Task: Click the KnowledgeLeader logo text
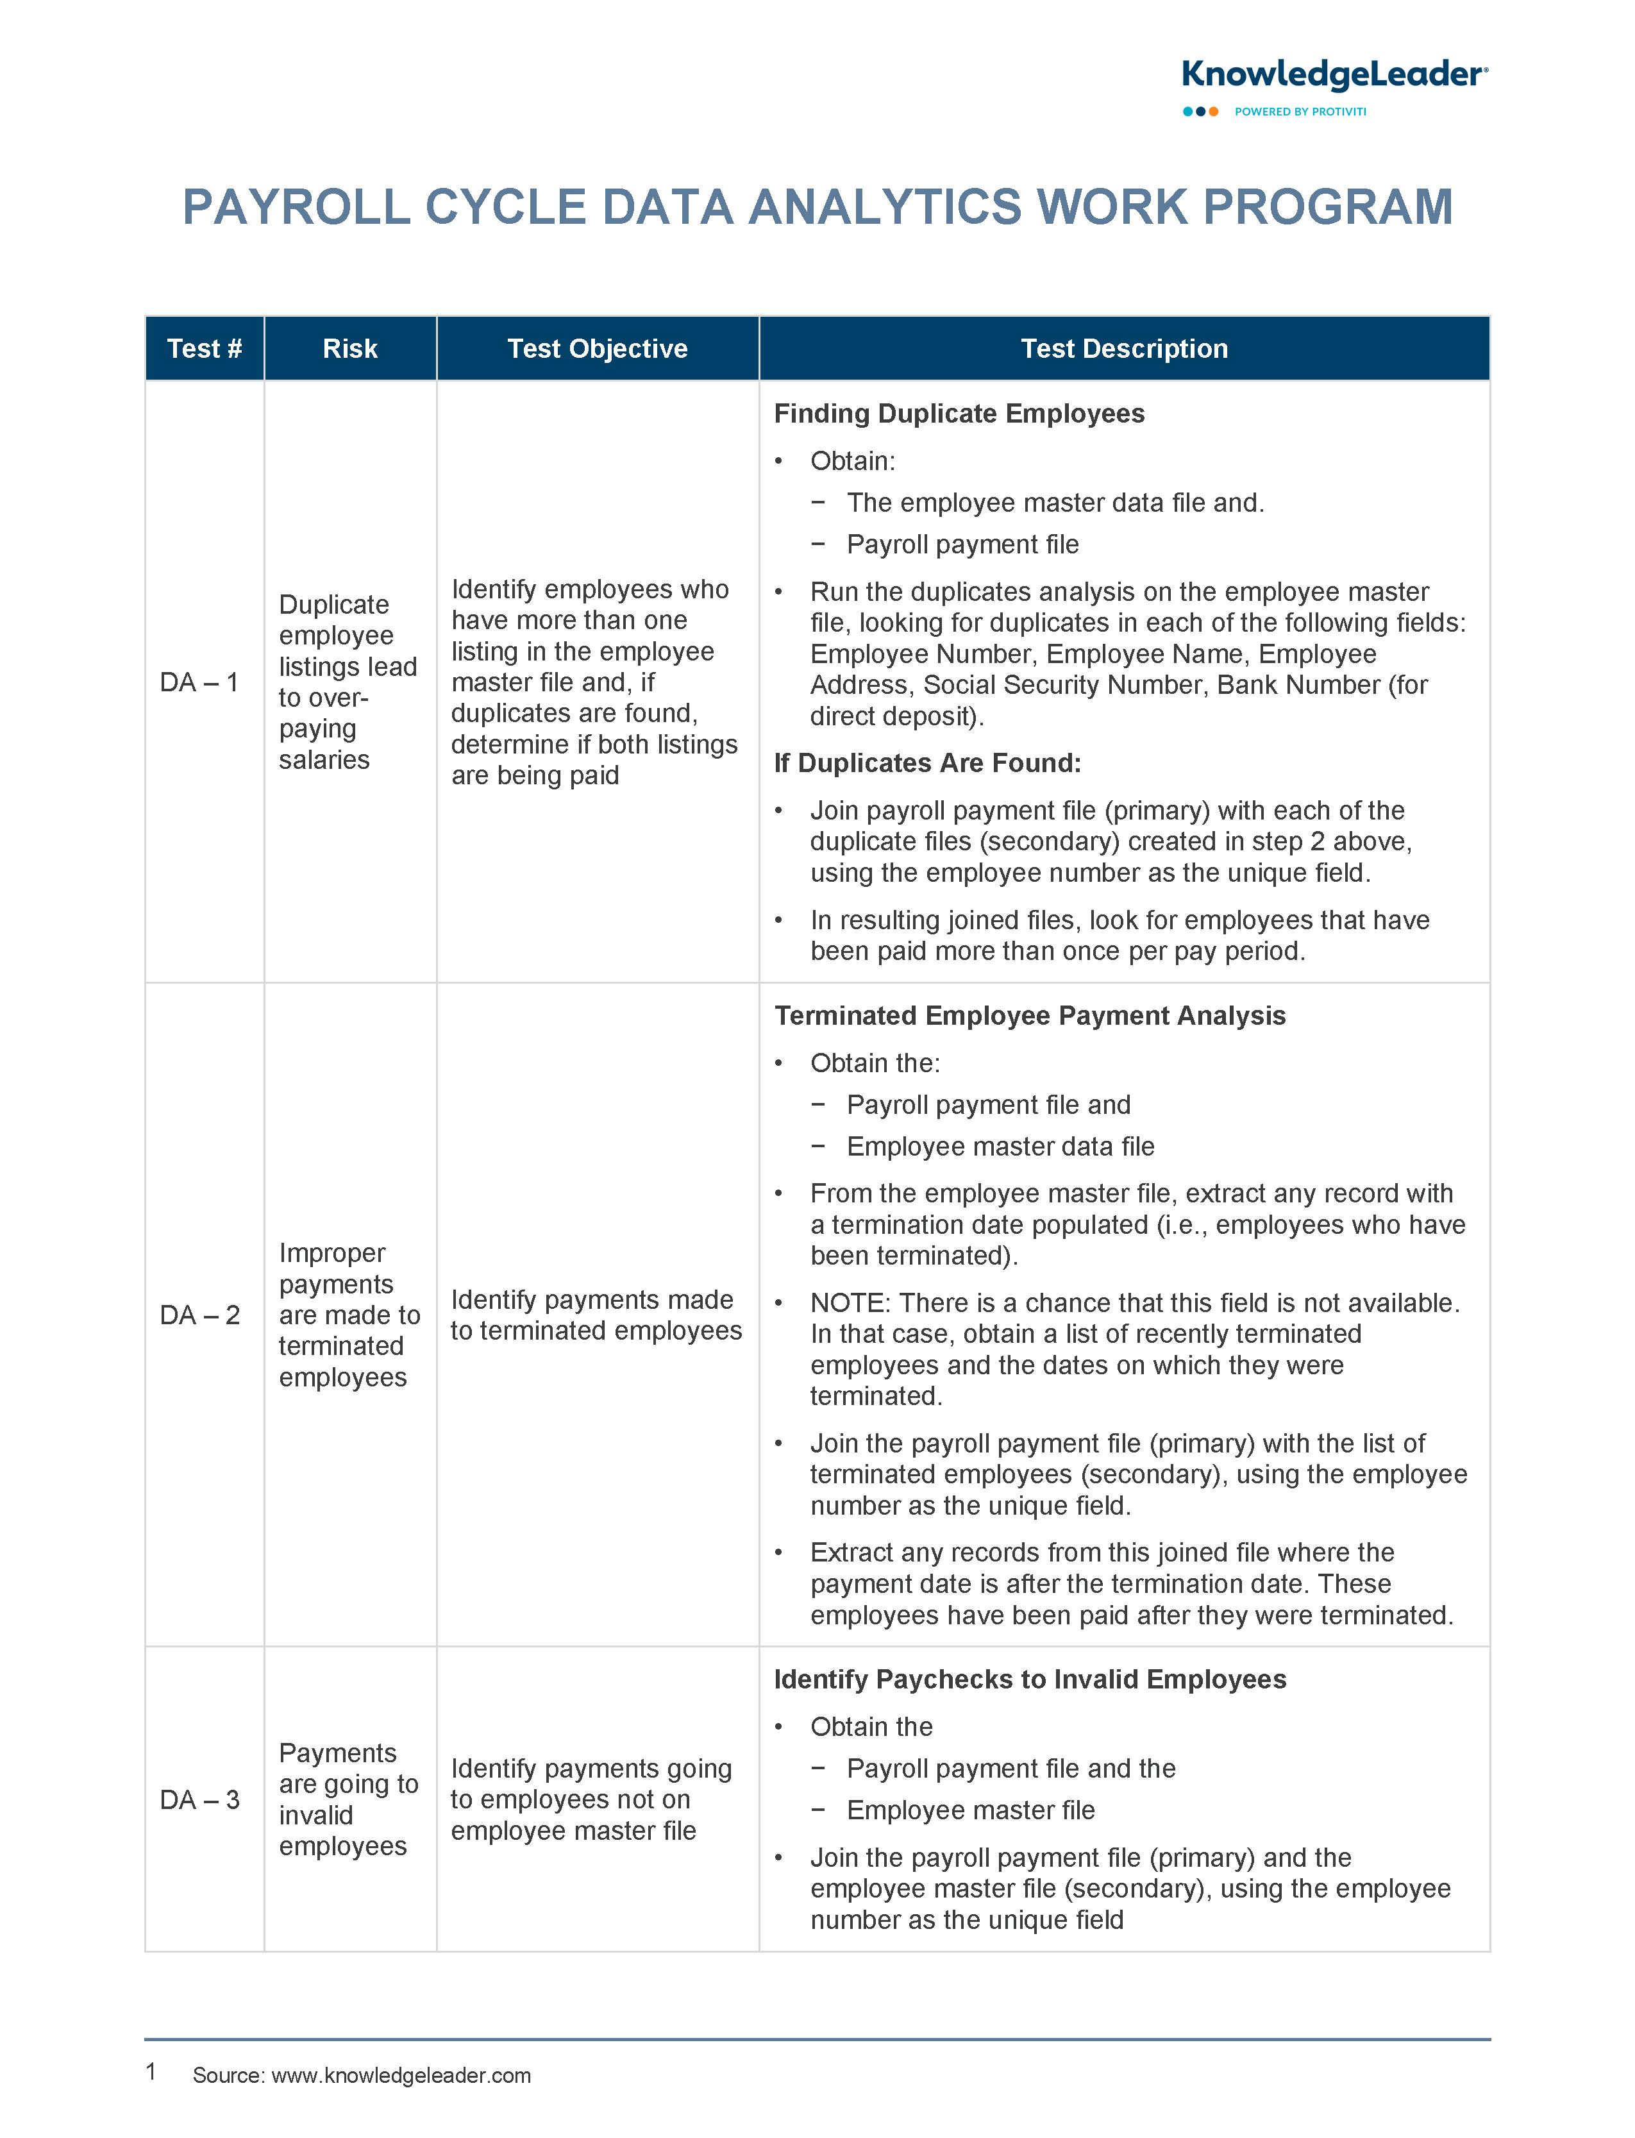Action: [1333, 75]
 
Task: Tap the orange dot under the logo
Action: [1214, 112]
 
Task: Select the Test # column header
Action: [205, 348]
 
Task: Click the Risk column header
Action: [349, 348]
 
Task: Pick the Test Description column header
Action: [1123, 348]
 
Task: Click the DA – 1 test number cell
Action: [199, 682]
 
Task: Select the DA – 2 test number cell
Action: [199, 1315]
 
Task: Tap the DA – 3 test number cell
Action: [199, 1799]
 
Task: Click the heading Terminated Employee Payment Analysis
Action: [1030, 1015]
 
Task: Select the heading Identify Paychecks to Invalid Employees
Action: [1030, 1679]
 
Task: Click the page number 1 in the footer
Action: [151, 2072]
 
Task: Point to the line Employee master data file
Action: [1000, 1147]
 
